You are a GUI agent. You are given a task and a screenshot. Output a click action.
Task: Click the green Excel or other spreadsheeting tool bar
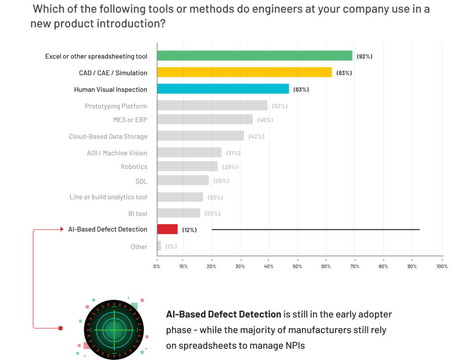pyautogui.click(x=255, y=56)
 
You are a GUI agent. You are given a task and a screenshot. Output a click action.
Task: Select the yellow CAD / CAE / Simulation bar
pyautogui.click(x=244, y=73)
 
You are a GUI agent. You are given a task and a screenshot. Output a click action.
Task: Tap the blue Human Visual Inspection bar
pyautogui.click(x=223, y=89)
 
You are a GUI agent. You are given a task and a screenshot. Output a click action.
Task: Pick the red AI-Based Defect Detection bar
pyautogui.click(x=167, y=229)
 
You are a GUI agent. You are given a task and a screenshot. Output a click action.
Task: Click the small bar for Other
pyautogui.click(x=159, y=246)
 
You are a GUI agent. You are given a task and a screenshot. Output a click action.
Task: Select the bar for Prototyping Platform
pyautogui.click(x=212, y=105)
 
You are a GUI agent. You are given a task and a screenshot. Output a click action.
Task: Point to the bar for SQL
pyautogui.click(x=183, y=180)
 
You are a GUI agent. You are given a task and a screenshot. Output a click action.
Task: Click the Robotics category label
pyautogui.click(x=134, y=167)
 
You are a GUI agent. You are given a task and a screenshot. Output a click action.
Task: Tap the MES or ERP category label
pyautogui.click(x=130, y=120)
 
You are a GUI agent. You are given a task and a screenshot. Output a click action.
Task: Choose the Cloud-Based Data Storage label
pyautogui.click(x=108, y=136)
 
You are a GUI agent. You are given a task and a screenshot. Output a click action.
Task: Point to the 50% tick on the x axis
pyautogui.click(x=298, y=266)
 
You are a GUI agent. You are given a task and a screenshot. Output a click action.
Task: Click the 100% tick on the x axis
pyautogui.click(x=442, y=266)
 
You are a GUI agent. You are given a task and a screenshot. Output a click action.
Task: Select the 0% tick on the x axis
pyautogui.click(x=157, y=266)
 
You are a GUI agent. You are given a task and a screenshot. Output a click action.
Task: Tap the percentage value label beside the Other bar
pyautogui.click(x=171, y=247)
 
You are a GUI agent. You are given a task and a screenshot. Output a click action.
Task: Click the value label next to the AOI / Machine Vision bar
pyautogui.click(x=233, y=153)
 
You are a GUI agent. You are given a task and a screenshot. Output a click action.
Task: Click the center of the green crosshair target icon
pyautogui.click(x=114, y=329)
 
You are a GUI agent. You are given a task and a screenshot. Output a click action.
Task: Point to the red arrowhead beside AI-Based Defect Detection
pyautogui.click(x=62, y=229)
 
